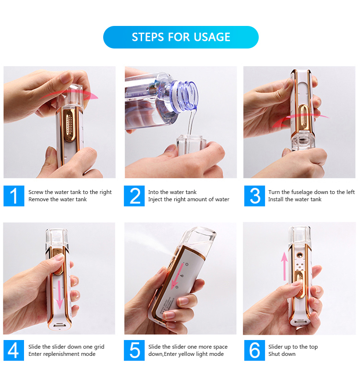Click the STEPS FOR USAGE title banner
[181, 37]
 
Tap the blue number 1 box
[14, 196]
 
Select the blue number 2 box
[134, 196]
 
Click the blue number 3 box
[254, 196]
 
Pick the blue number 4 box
[14, 350]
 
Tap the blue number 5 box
[134, 350]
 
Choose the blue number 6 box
[254, 350]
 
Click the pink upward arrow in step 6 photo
[285, 266]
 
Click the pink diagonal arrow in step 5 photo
[176, 277]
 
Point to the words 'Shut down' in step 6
[282, 354]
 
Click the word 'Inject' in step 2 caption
[155, 200]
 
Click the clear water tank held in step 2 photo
[191, 145]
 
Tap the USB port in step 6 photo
[299, 322]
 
